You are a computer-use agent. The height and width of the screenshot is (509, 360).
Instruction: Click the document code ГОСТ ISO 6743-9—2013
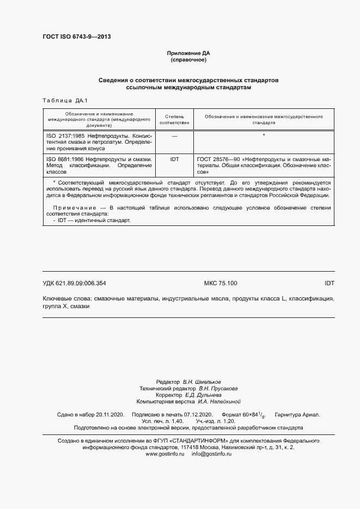[76, 37]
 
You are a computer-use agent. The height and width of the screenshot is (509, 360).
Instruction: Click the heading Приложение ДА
[188, 53]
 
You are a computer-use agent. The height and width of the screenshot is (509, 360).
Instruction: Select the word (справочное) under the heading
[188, 60]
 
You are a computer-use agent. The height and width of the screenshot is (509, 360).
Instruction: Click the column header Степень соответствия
[174, 120]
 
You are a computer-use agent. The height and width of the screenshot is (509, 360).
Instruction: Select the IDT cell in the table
[174, 158]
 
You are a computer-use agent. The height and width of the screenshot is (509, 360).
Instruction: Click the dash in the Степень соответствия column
[174, 135]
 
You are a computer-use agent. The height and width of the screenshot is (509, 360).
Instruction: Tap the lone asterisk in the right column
[264, 135]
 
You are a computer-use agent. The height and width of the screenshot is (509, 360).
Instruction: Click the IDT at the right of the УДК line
[329, 283]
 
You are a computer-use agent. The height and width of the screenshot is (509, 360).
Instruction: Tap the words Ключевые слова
[66, 299]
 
